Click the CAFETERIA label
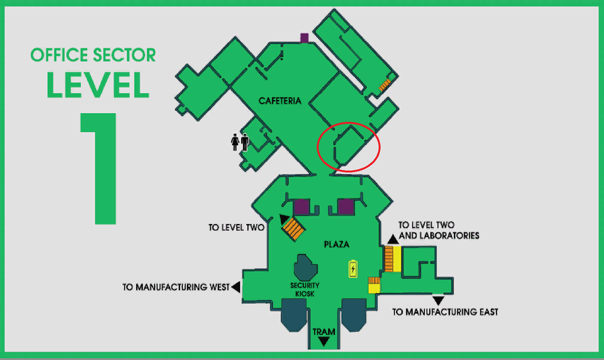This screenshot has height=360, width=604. click(x=280, y=101)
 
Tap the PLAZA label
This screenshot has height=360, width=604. click(x=336, y=244)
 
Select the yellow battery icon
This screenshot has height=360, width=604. click(x=353, y=269)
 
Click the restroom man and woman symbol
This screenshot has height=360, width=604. click(x=240, y=142)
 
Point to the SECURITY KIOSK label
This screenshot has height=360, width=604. click(x=305, y=289)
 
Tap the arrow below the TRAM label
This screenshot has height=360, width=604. click(x=324, y=342)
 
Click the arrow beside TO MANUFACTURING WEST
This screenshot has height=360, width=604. click(x=236, y=287)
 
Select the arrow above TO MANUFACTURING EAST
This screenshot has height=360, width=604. click(x=438, y=300)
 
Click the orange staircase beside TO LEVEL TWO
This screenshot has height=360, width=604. click(x=293, y=229)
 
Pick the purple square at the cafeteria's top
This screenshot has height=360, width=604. click(x=304, y=38)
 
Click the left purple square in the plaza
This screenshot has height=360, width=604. click(x=302, y=207)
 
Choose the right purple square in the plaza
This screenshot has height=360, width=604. click(x=346, y=207)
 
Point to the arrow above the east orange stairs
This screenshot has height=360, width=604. click(x=393, y=239)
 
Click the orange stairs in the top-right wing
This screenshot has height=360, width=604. click(x=385, y=85)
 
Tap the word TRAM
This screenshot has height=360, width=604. click(x=324, y=332)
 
